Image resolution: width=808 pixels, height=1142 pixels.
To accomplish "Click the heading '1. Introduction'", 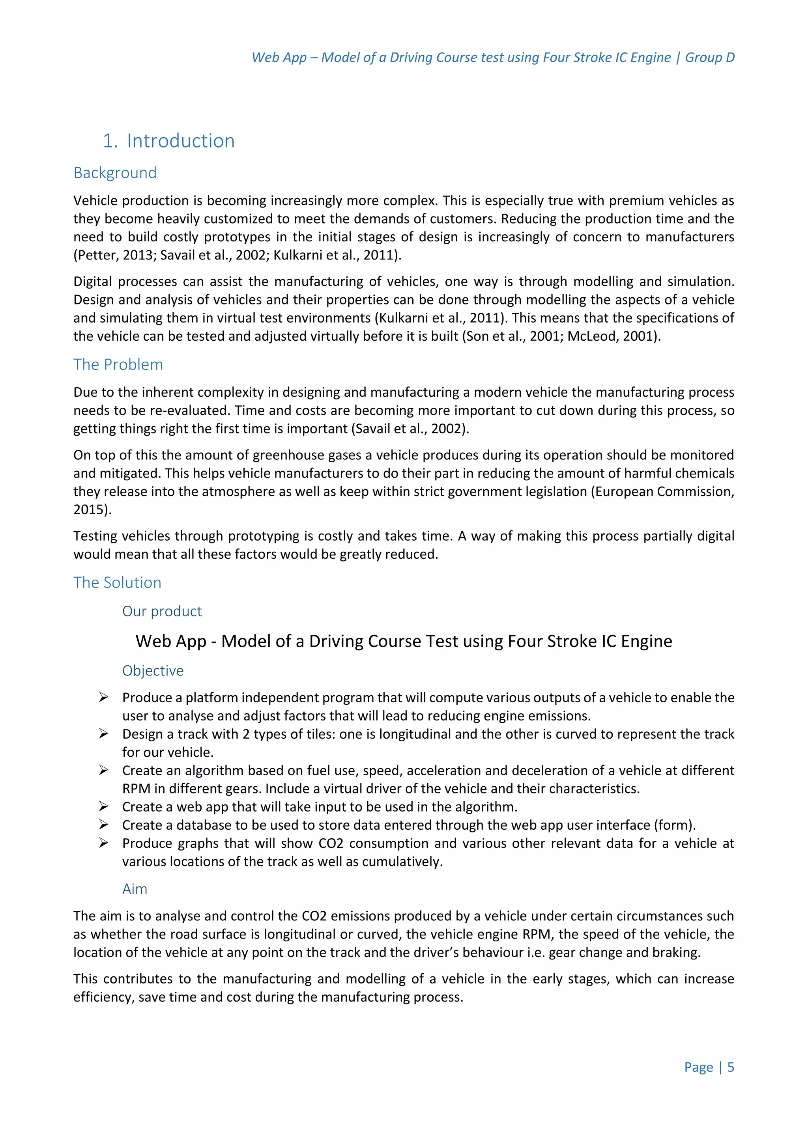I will [x=168, y=141].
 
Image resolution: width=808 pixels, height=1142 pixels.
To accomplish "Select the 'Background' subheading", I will [x=115, y=173].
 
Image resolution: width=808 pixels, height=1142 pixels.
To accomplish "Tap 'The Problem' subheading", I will [x=118, y=365].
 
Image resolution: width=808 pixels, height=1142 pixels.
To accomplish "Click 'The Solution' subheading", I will [x=118, y=582].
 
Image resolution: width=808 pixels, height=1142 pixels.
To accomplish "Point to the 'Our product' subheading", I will [x=162, y=611].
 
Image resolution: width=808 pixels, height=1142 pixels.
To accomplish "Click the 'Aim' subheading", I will [x=135, y=889].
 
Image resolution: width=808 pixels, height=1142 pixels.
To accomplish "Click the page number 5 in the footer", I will [x=730, y=1067].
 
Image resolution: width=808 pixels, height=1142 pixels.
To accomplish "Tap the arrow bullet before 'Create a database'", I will [x=103, y=825].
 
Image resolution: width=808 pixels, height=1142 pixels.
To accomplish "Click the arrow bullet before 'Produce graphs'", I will [x=103, y=843].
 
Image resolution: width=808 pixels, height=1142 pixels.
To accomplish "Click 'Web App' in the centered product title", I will [x=171, y=641].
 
